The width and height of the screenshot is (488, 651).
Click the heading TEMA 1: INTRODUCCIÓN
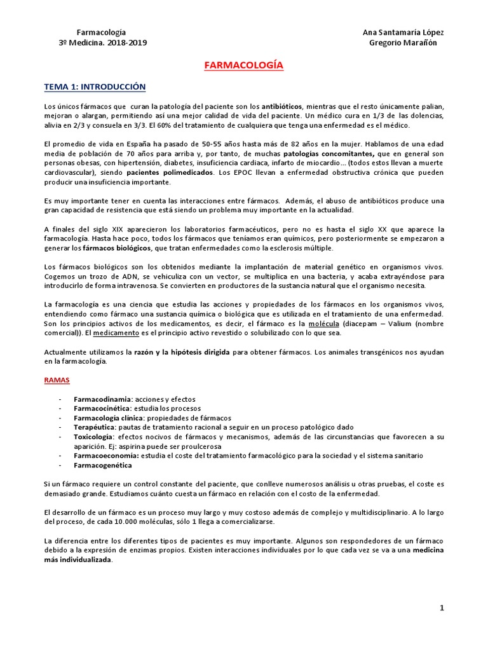[x=95, y=86]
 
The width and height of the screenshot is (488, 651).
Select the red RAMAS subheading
[x=57, y=380]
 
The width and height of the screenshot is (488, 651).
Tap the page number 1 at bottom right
[x=442, y=608]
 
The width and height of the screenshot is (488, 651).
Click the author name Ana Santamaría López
[x=403, y=32]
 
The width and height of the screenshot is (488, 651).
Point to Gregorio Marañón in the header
[x=403, y=43]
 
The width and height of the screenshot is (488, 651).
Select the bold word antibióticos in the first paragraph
[x=282, y=106]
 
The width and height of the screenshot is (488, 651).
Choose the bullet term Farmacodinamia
[x=101, y=399]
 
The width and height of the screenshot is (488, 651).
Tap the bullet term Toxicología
[x=94, y=437]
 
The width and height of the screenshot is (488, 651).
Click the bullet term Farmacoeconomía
[x=104, y=456]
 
